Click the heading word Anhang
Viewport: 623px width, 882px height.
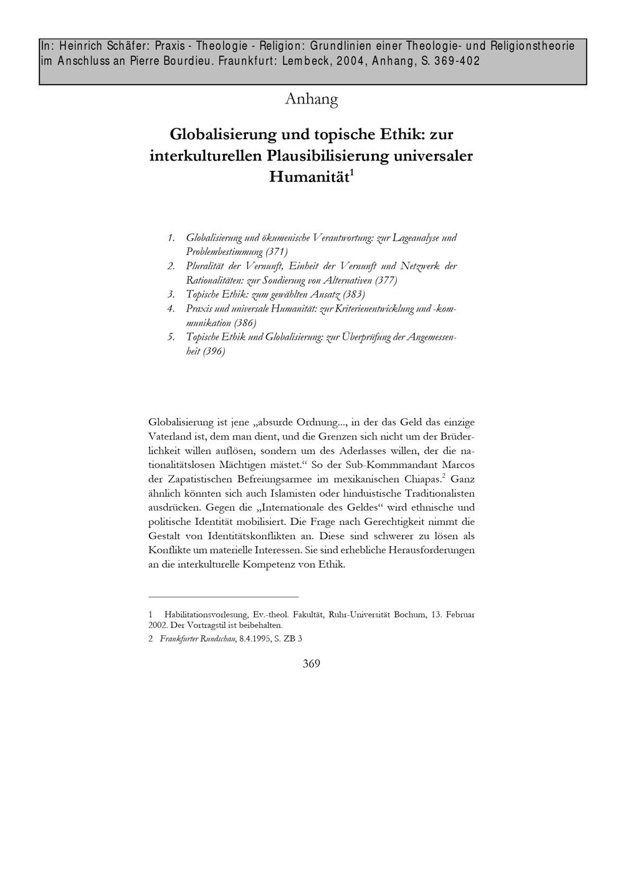tap(311, 99)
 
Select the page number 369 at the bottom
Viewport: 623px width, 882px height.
tap(311, 664)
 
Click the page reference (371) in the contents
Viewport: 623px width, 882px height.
tap(276, 252)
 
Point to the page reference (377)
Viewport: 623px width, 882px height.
tap(386, 280)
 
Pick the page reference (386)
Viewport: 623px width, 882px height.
tap(244, 323)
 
